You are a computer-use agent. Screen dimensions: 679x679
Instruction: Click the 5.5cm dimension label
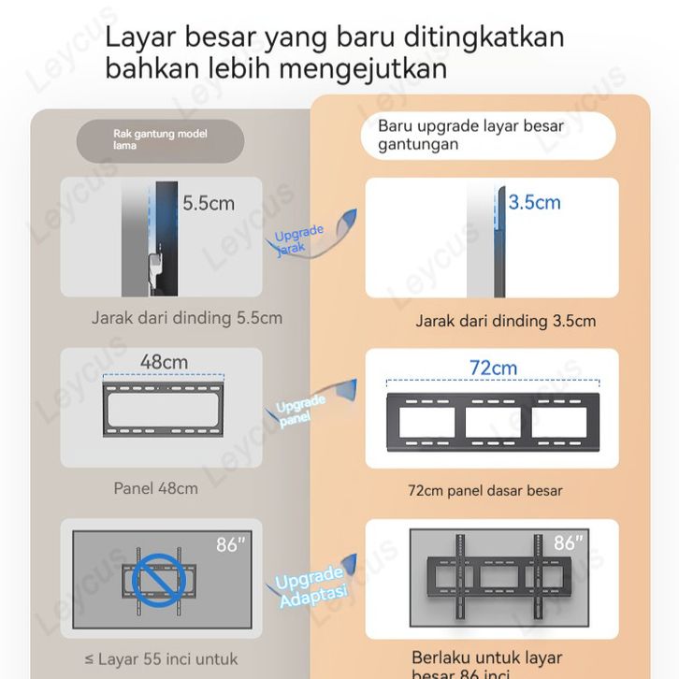coord(209,203)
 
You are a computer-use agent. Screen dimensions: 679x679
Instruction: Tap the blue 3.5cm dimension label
coord(534,202)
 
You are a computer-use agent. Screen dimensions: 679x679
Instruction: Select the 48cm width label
coord(164,362)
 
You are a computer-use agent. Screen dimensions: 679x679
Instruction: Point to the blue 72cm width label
coord(493,368)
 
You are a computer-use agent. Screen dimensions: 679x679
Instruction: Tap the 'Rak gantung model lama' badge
coord(159,140)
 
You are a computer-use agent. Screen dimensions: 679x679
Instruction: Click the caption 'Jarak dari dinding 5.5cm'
coord(187,318)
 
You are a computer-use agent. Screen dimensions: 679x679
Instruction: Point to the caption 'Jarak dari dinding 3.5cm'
coord(505,321)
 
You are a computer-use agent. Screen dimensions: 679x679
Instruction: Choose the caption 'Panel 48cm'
coord(156,488)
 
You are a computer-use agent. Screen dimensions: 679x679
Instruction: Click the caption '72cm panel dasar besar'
coord(485,490)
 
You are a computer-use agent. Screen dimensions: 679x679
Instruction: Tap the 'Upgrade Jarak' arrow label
coord(299,239)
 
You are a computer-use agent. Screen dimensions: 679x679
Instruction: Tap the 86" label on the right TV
coord(568,543)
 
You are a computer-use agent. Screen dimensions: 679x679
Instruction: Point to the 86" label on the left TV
coord(230,544)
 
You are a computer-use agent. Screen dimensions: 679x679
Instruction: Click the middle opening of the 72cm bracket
coord(493,423)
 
